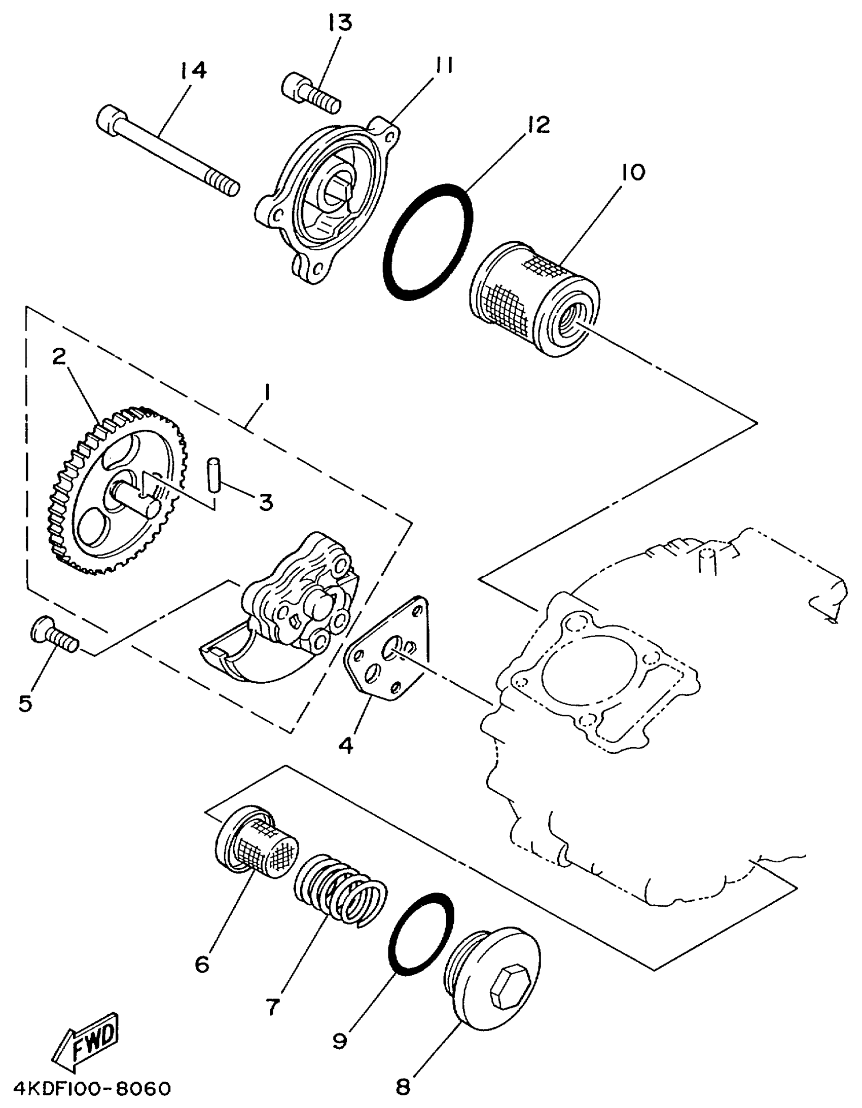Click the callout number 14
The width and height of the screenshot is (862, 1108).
193,70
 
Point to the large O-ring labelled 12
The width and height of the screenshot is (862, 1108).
427,241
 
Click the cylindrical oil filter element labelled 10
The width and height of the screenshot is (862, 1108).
533,299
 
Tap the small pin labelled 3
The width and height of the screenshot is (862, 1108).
213,474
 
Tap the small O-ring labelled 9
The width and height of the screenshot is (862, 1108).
420,934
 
